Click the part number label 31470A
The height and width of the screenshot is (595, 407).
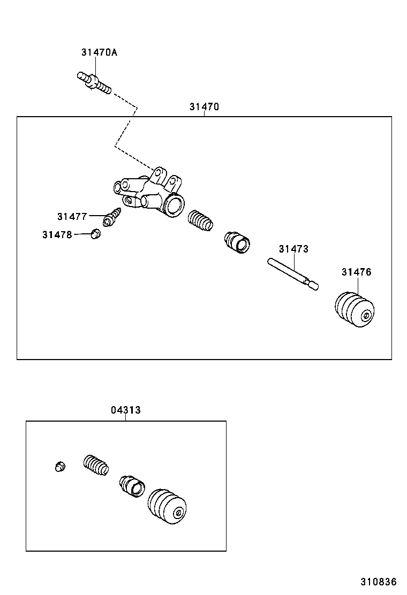click(x=99, y=52)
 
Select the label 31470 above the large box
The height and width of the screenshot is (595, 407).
click(x=204, y=107)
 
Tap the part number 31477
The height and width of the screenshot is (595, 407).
click(x=72, y=216)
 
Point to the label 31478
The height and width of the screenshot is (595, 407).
click(x=57, y=234)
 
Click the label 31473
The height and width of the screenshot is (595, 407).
click(x=293, y=249)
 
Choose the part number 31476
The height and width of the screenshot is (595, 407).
click(x=356, y=272)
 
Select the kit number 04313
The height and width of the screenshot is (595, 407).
click(x=126, y=410)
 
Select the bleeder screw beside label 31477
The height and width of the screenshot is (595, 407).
click(x=114, y=218)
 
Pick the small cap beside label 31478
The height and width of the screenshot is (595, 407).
click(x=96, y=234)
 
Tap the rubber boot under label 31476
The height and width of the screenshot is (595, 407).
click(x=354, y=310)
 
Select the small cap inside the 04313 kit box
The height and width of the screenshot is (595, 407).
click(x=61, y=467)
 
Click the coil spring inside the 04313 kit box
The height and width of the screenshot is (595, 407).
click(x=96, y=465)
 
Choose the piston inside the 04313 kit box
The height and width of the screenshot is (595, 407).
click(x=132, y=485)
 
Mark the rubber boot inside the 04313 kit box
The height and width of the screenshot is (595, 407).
click(x=168, y=506)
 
